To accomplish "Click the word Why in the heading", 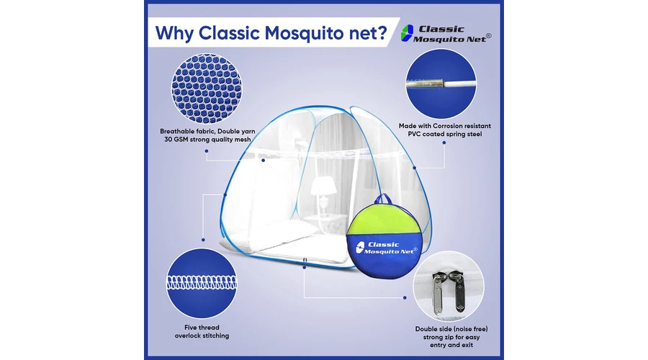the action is tap(174, 33).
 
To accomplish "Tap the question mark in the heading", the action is tap(382, 32).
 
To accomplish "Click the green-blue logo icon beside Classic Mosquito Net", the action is tap(407, 33).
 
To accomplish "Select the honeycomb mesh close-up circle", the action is tap(207, 89).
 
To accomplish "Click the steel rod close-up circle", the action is tap(441, 84).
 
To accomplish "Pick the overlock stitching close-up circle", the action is tap(202, 283).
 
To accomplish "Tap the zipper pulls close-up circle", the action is tap(449, 286).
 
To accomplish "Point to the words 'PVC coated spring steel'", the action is tap(445, 134).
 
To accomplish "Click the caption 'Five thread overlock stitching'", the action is tap(202, 331).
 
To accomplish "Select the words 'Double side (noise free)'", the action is tap(451, 329).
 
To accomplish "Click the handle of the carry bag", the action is tap(384, 199).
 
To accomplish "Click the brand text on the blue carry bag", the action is tap(387, 248).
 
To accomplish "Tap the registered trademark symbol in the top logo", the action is tap(489, 36).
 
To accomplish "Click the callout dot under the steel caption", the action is tap(444, 143).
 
